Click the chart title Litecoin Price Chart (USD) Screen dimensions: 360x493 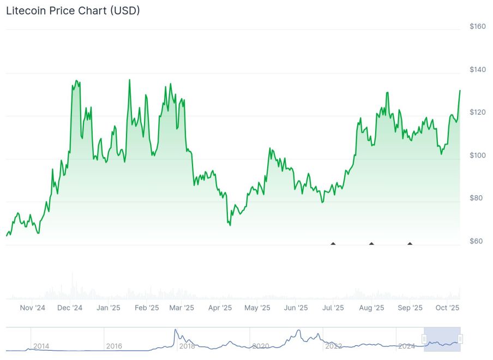pos(73,10)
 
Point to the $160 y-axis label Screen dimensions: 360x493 pos(477,27)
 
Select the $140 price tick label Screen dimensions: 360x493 pos(477,69)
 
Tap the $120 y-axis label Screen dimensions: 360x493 pos(477,112)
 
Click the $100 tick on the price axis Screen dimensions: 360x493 pos(477,155)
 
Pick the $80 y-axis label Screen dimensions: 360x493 pos(477,198)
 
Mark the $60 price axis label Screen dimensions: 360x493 pos(477,241)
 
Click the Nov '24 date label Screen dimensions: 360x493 pos(33,308)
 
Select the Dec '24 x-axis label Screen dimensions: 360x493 pos(70,308)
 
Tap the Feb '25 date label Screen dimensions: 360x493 pos(147,308)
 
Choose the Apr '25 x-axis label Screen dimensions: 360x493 pos(220,308)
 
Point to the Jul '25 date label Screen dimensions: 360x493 pos(333,308)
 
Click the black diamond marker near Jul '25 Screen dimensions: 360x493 pos(333,243)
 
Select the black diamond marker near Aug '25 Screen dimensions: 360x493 pos(371,243)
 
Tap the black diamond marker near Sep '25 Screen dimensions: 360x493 pos(410,243)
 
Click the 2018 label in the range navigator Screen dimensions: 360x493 pos(187,346)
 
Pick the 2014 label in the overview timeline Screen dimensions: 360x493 pos(41,346)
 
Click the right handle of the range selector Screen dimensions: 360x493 pos(460,339)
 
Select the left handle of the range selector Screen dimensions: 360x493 pos(424,339)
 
